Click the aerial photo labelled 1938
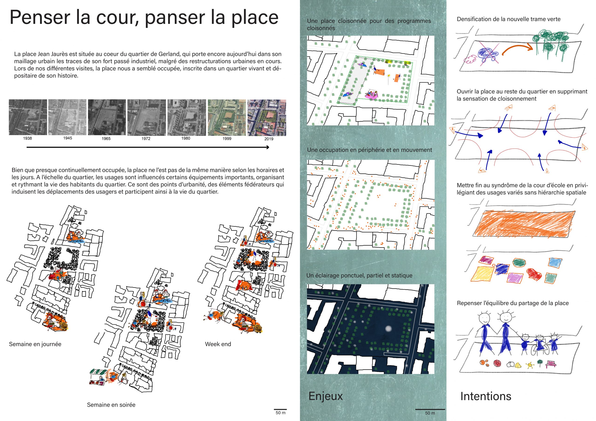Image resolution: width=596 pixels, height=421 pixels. pos(28,117)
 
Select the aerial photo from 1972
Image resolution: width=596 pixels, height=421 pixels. pos(146,117)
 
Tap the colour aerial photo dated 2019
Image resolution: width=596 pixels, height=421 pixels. pos(267,118)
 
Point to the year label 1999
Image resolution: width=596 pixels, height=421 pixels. pos(227,139)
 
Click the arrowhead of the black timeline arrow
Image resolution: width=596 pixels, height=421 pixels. pos(268,147)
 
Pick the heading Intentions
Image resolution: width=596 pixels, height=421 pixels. pos(486,396)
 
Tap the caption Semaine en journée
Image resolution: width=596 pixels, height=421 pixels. pos(35,344)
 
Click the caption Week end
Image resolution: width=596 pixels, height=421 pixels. pos(218,344)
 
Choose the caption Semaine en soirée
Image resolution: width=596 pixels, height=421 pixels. pos(111,405)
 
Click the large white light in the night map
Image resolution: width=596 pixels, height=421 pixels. pos(388,329)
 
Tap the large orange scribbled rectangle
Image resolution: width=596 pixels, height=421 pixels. pos(524,224)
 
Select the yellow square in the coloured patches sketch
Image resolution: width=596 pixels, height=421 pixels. pos(482,274)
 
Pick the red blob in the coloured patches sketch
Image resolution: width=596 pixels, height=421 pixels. pos(535,274)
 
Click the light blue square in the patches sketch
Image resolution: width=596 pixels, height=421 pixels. pos(555,262)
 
